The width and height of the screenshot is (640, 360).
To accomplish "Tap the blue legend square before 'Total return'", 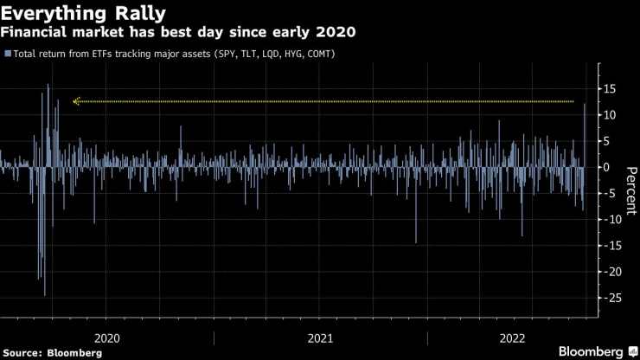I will pos(8,54).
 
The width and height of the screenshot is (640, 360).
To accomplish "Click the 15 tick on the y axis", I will pos(610,89).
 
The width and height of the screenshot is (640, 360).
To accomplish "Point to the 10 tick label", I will pos(610,115).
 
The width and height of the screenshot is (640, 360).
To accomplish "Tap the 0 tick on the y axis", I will pos(606,167).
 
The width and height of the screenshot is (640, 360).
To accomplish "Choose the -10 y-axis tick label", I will pos(611,219).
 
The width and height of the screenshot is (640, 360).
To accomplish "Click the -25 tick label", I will pos(611,298).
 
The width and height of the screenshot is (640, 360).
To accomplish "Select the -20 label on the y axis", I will pos(611,272).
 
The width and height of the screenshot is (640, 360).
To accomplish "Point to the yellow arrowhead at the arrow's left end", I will pos(76,101).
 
